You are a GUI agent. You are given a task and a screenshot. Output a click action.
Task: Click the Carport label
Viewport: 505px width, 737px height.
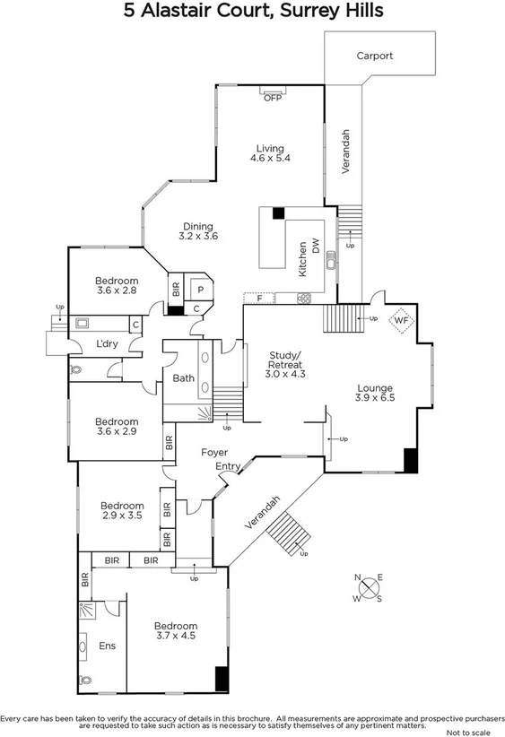click(374, 56)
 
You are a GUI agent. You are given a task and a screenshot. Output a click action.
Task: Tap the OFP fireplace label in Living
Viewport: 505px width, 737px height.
click(273, 98)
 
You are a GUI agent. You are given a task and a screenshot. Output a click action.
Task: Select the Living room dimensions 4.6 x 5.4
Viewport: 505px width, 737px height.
click(270, 159)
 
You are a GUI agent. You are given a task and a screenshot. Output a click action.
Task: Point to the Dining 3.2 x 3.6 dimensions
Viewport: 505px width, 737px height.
click(198, 236)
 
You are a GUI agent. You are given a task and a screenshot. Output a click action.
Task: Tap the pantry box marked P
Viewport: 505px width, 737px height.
click(199, 290)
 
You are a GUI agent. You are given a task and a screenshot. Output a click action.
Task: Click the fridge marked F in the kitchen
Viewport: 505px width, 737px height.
click(259, 297)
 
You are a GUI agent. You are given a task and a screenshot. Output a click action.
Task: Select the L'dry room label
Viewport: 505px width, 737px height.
click(109, 344)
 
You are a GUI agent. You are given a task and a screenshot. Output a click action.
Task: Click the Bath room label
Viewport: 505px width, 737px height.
click(184, 378)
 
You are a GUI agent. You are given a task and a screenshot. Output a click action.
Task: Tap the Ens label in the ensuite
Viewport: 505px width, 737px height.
click(106, 645)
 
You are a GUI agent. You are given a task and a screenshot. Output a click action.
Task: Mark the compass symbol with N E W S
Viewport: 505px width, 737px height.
click(369, 588)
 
